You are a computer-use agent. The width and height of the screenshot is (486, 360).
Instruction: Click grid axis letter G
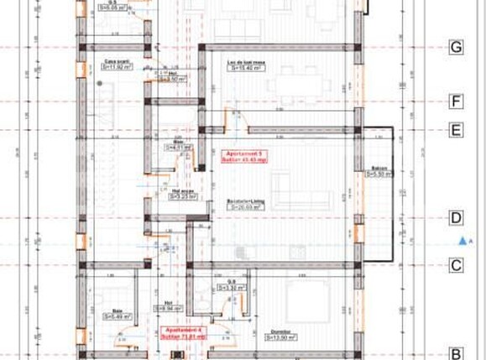456,48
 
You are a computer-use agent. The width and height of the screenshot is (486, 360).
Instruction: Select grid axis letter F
456,102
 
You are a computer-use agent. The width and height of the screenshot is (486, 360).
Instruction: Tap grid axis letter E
456,130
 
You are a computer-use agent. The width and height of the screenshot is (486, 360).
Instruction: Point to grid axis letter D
456,219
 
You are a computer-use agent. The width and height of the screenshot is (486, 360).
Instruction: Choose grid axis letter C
456,266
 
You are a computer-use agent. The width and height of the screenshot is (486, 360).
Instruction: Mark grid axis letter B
456,352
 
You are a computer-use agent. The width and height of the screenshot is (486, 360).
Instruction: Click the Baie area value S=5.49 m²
115,316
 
